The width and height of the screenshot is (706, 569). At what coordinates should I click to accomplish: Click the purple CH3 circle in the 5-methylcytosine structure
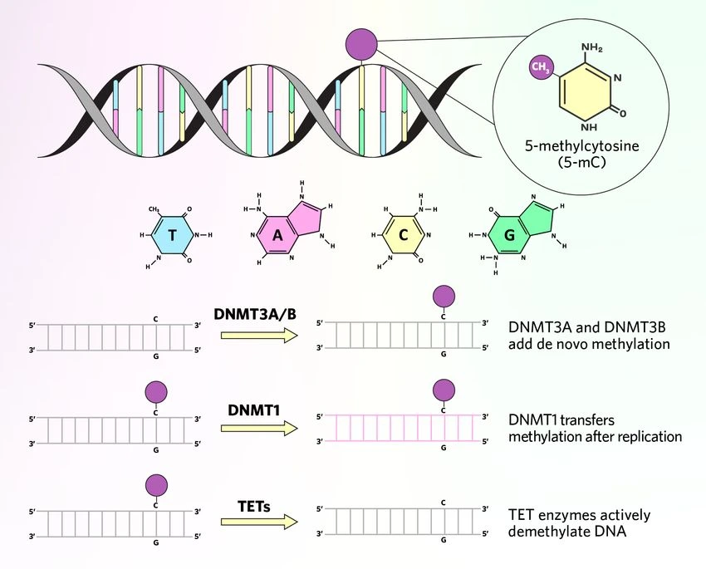tap(541, 67)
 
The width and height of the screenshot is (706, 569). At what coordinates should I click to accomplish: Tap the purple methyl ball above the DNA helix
tap(361, 44)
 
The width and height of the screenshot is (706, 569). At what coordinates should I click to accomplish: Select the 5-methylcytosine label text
tap(581, 146)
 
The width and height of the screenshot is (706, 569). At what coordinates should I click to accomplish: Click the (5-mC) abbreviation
tap(581, 162)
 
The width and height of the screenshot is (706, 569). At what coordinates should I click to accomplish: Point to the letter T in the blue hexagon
tap(173, 234)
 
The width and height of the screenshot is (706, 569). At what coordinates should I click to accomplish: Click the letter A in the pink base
tap(277, 234)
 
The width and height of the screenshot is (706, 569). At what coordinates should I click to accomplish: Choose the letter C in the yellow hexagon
tap(404, 234)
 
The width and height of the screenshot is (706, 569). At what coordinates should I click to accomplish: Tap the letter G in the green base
tap(510, 234)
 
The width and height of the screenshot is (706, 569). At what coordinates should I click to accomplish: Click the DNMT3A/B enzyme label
tap(255, 314)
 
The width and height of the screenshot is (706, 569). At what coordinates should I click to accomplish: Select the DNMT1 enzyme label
tap(254, 410)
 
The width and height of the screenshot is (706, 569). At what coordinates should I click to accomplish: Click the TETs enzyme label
tap(254, 507)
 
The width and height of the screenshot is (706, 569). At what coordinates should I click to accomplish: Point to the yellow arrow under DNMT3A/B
tap(259, 336)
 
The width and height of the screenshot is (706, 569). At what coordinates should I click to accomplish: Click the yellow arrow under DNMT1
tap(259, 428)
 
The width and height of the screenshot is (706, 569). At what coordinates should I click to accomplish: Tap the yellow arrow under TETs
tap(259, 522)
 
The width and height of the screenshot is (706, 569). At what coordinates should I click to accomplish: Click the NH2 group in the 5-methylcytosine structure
tap(591, 47)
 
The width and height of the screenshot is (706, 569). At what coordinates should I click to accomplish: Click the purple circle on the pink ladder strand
tap(444, 390)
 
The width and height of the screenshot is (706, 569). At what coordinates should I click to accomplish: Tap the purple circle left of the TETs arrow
tap(156, 485)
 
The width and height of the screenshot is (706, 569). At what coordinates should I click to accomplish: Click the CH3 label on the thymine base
tap(154, 209)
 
